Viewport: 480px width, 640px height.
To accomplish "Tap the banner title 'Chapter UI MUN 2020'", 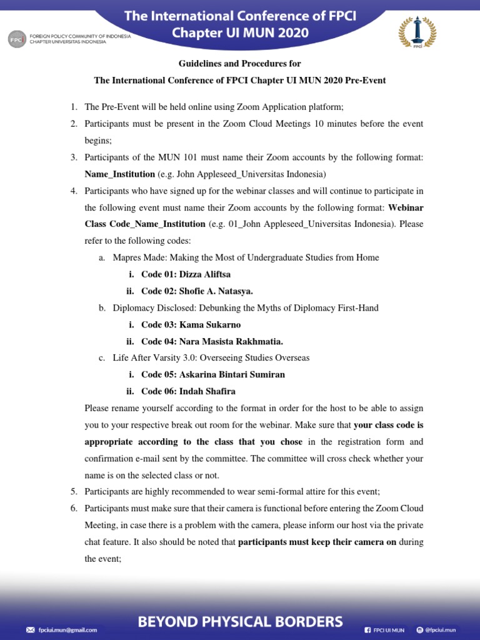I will click(240, 33).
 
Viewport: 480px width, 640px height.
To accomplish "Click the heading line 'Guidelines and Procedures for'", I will click(240, 64).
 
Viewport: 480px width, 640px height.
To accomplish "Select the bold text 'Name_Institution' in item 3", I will click(120, 174).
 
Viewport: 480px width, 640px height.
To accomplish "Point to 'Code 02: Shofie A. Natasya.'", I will click(197, 291).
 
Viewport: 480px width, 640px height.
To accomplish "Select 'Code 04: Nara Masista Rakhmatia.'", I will click(212, 341).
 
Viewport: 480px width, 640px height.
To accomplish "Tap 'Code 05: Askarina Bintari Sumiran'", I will click(212, 375).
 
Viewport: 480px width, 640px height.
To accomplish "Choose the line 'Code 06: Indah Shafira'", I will click(188, 392).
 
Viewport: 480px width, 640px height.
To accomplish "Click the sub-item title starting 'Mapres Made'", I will click(246, 257).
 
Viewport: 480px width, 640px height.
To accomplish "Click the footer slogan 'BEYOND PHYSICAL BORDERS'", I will click(240, 621).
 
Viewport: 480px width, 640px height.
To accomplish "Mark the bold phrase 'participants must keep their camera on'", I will click(317, 542).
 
